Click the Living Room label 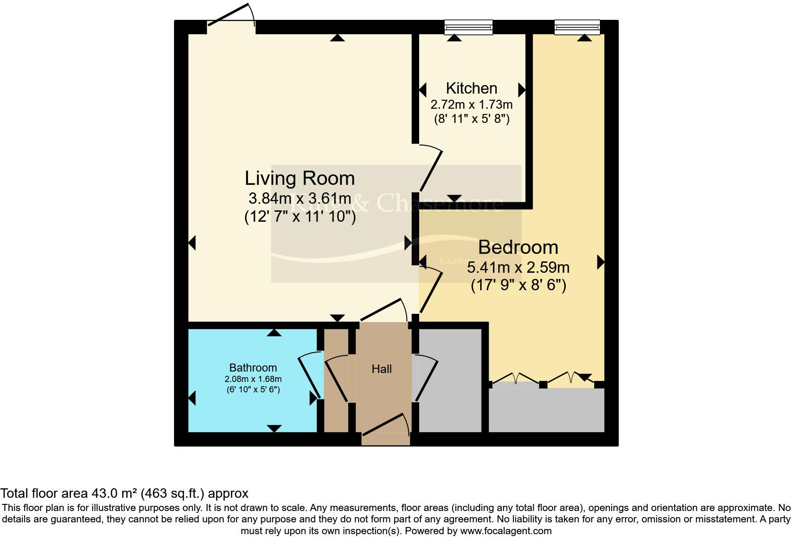299,179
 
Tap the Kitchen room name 471,88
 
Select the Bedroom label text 518,248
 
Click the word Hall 381,369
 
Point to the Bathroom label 253,368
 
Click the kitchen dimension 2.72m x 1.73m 471,104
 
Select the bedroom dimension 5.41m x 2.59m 518,268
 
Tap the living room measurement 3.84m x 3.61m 299,198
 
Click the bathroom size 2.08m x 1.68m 253,379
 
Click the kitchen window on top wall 468,27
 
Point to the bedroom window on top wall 577,27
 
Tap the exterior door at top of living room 231,17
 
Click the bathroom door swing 310,376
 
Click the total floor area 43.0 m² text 124,494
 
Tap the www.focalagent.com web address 506,531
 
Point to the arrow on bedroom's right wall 601,262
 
